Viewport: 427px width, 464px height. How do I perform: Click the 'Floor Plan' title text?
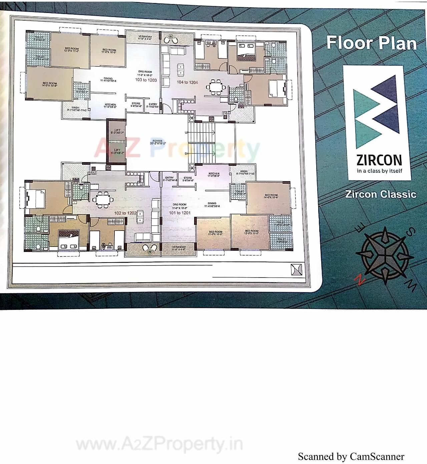click(x=371, y=43)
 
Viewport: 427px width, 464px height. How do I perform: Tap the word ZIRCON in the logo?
click(x=379, y=160)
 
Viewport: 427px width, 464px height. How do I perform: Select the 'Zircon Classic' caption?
click(x=381, y=194)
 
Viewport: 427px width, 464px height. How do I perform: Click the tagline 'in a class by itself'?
click(x=379, y=171)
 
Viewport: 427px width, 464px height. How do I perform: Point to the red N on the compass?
click(x=360, y=280)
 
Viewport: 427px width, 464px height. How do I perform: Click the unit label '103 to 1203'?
click(x=146, y=80)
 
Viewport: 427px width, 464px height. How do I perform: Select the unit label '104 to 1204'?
click(x=187, y=82)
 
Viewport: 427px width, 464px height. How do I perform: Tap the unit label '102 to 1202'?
click(x=125, y=213)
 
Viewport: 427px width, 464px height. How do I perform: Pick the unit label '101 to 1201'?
click(x=179, y=213)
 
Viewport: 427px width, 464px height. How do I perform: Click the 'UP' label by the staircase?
click(x=187, y=132)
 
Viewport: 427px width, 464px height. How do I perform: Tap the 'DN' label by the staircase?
click(x=187, y=154)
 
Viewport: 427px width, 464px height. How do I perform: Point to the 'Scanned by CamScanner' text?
click(x=351, y=457)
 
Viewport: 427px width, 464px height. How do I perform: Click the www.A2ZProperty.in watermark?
click(x=159, y=445)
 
